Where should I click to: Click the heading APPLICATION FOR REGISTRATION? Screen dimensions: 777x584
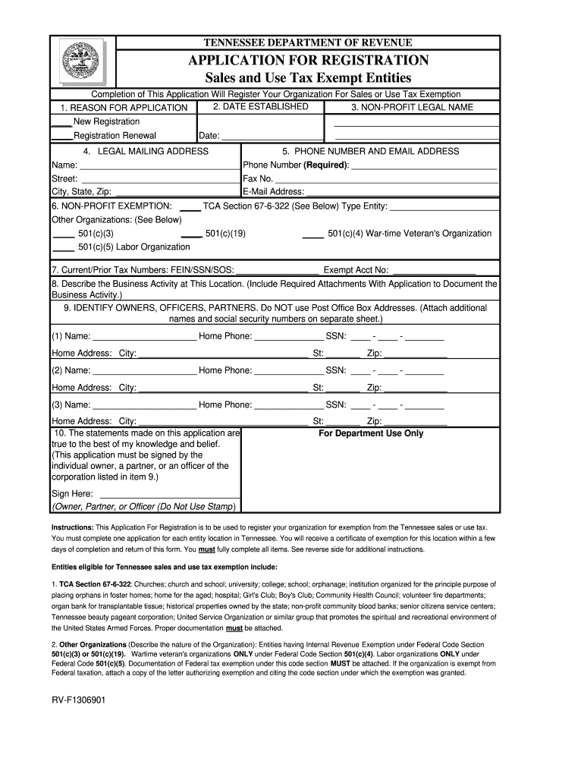coord(309,61)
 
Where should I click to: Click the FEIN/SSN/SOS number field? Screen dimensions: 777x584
coord(278,271)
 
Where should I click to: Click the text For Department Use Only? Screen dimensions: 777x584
coord(372,434)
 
